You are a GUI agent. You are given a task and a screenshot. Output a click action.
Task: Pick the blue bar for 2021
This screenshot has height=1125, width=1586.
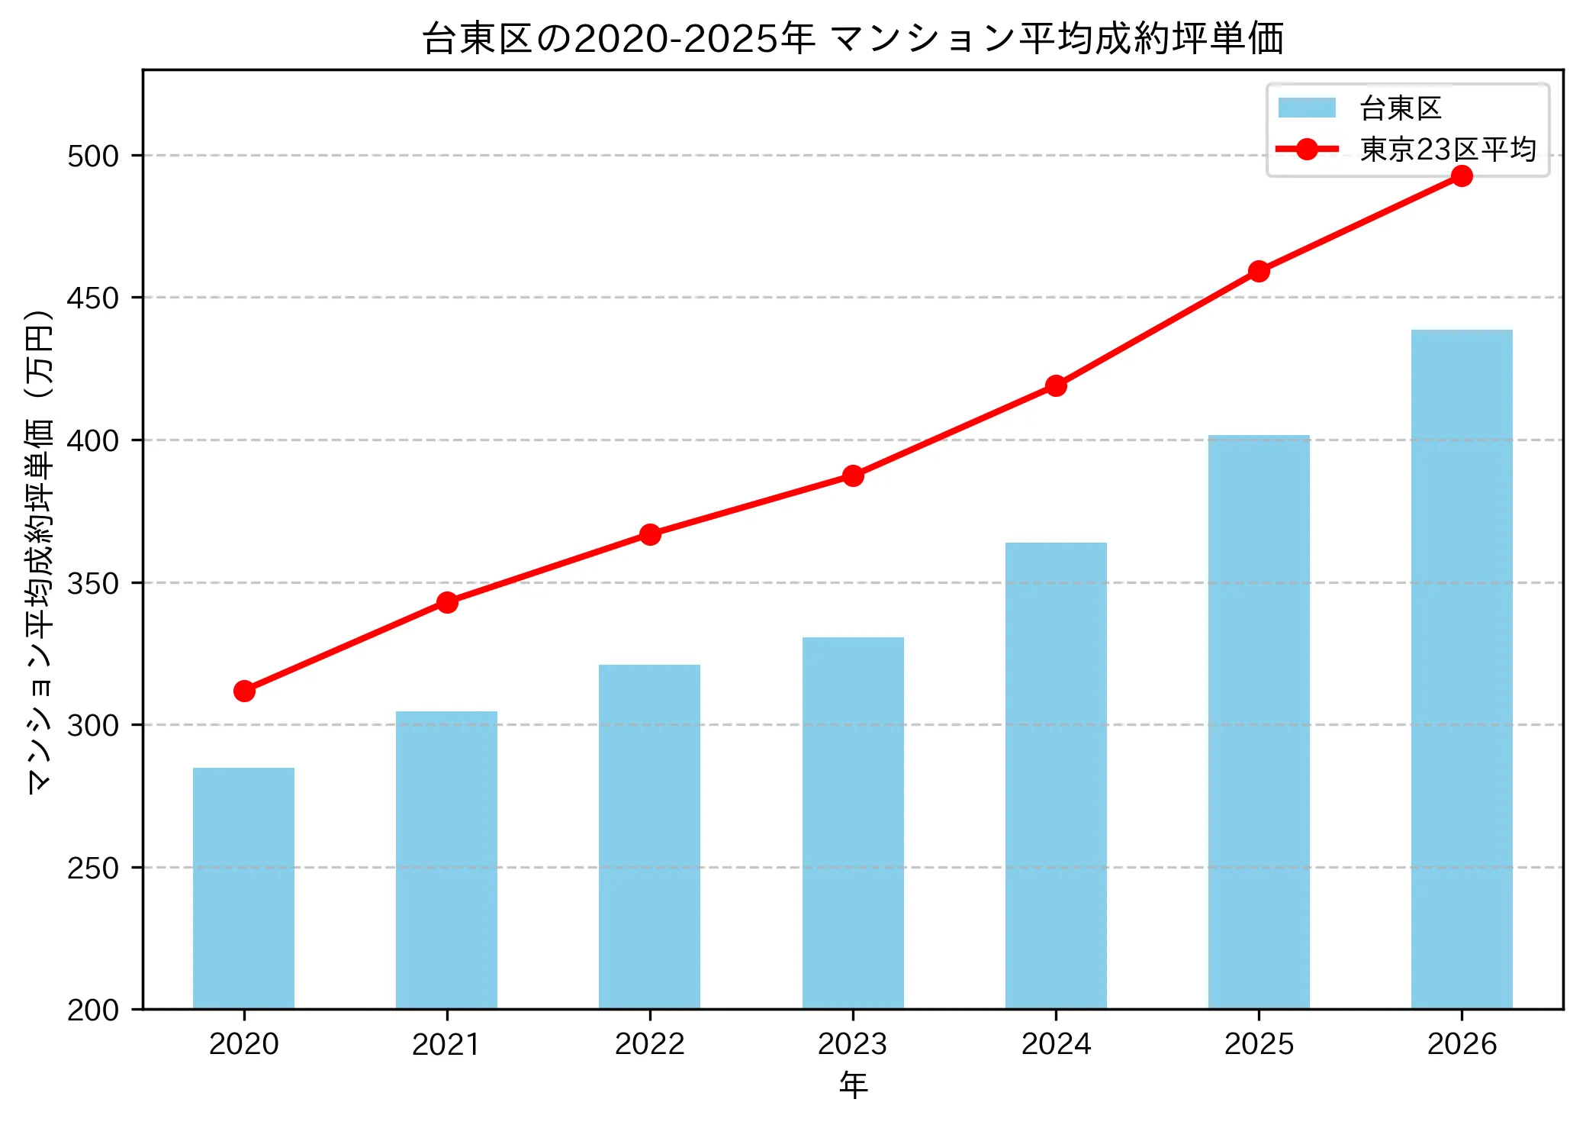point(446,860)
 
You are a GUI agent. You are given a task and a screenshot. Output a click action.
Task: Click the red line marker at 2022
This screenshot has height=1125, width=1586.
point(650,534)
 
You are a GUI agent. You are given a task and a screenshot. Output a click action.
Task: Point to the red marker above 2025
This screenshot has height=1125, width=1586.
point(1259,271)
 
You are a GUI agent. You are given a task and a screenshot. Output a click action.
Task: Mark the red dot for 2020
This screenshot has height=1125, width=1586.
point(244,691)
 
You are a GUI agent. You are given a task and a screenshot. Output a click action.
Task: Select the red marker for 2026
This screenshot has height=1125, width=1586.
point(1462,176)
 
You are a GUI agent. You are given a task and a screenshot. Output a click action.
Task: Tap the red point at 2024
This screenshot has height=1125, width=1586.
point(1056,385)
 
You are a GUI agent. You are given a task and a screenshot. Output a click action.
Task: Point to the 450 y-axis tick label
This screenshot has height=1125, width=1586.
point(93,298)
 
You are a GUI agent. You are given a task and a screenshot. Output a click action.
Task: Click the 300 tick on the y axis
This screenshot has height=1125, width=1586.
point(93,725)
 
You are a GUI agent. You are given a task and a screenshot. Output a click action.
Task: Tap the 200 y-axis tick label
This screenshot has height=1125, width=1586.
point(93,1011)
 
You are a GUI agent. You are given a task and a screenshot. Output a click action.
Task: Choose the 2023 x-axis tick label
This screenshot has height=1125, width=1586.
point(853,1044)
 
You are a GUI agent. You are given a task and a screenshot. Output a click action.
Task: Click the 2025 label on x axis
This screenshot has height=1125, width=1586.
point(1259,1044)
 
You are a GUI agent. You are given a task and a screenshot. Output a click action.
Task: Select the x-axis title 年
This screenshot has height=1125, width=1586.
point(853,1085)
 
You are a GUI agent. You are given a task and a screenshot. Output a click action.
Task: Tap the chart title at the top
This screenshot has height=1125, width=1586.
point(853,38)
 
